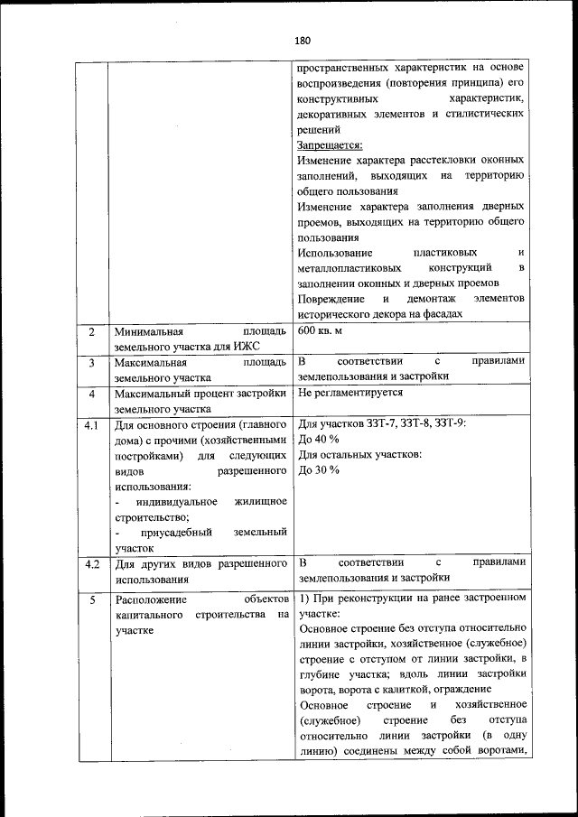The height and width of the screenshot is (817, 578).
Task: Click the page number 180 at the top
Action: pos(302,41)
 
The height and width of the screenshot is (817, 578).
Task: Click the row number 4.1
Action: pos(91,424)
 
